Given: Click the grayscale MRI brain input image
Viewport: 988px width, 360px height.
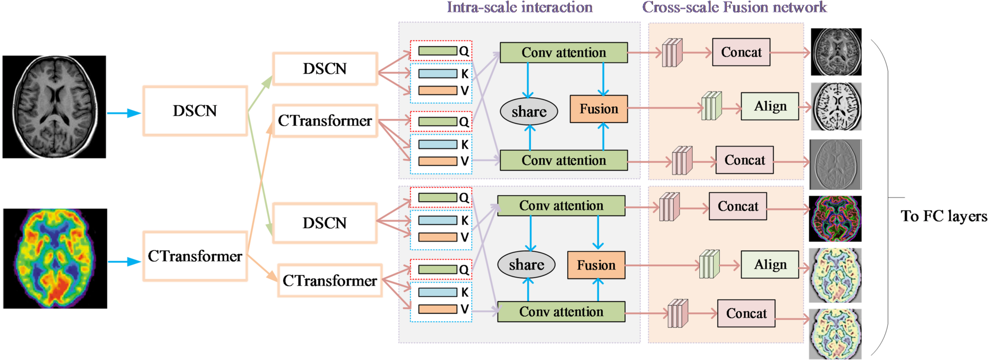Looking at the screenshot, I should pyautogui.click(x=54, y=107).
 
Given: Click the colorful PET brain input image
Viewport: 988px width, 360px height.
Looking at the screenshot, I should pyautogui.click(x=55, y=259).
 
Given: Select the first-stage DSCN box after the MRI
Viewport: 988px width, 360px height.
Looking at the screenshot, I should pyautogui.click(x=195, y=111).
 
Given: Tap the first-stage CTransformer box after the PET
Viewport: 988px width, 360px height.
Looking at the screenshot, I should pyautogui.click(x=195, y=256).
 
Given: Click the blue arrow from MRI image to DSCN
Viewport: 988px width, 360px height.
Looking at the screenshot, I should pyautogui.click(x=123, y=113).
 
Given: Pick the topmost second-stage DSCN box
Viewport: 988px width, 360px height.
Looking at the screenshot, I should pyautogui.click(x=325, y=69).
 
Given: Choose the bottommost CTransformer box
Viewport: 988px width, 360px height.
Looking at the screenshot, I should pyautogui.click(x=330, y=281).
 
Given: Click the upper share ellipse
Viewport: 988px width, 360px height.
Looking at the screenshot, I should pyautogui.click(x=529, y=112).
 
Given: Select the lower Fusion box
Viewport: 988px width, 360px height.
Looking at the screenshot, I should pyautogui.click(x=596, y=265).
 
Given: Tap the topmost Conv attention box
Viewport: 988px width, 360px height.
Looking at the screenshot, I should pyautogui.click(x=563, y=53).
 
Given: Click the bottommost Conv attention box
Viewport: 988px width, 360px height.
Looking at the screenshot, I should pyautogui.click(x=561, y=312).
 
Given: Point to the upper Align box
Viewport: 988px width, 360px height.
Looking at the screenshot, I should pyautogui.click(x=770, y=106).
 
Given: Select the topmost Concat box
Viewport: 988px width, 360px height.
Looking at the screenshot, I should pyautogui.click(x=741, y=52).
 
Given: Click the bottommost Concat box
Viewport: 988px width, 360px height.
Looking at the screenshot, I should pyautogui.click(x=746, y=313).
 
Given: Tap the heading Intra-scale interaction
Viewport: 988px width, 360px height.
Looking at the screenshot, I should pyautogui.click(x=519, y=7).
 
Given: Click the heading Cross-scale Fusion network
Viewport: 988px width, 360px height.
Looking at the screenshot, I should pyautogui.click(x=734, y=7).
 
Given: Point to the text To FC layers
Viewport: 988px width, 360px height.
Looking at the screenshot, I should pyautogui.click(x=943, y=216).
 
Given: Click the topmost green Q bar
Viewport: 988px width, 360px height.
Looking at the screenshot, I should pyautogui.click(x=437, y=51).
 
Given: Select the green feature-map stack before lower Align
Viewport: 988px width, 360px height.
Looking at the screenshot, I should pyautogui.click(x=709, y=265).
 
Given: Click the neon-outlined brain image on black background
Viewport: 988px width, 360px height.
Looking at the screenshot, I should pyautogui.click(x=835, y=219).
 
